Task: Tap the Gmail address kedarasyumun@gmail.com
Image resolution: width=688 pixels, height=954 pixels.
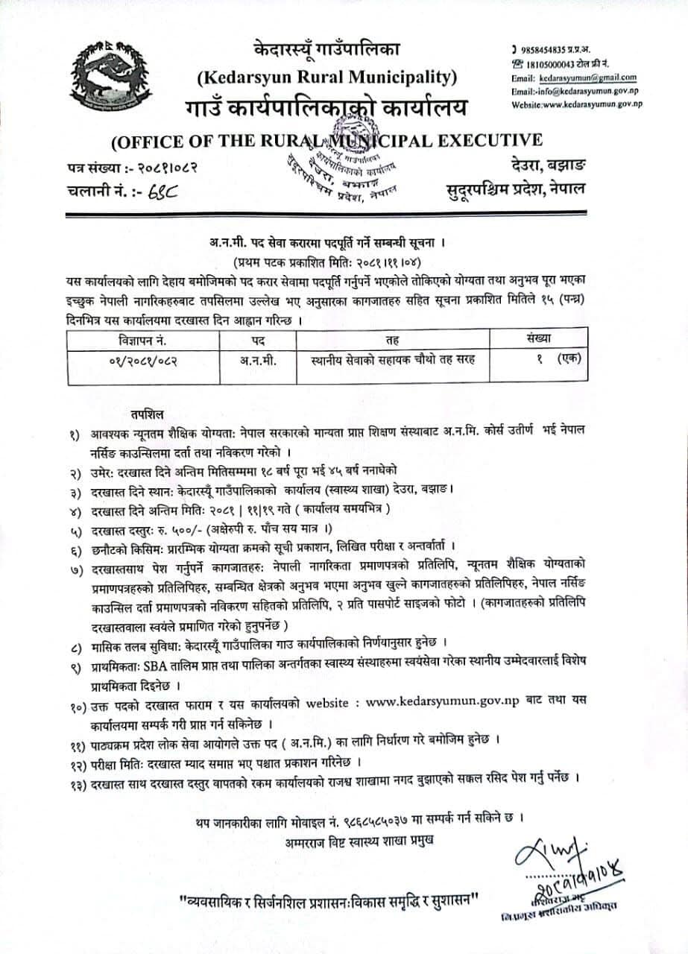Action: [x=588, y=78]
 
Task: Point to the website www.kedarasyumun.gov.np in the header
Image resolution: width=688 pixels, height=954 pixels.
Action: [x=589, y=104]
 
